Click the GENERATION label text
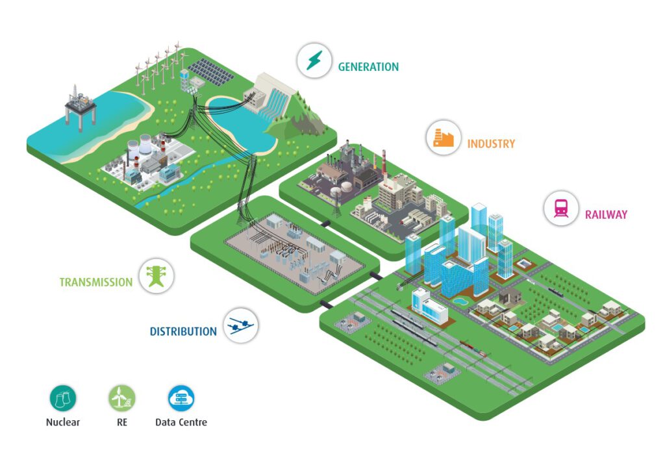click(368, 67)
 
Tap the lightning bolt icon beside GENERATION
click(314, 60)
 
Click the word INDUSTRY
click(491, 144)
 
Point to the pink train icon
click(560, 208)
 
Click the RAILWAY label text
click(606, 214)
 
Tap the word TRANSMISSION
click(96, 283)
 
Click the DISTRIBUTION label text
click(183, 331)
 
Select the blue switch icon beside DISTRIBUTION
click(241, 325)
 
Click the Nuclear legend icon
click(63, 398)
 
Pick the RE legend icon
click(122, 398)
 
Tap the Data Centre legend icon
click(181, 398)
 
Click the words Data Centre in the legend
click(181, 422)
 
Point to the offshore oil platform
click(80, 104)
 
